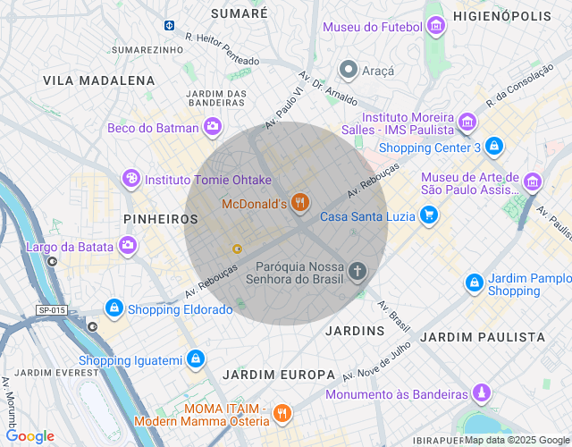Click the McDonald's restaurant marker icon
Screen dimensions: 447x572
[299, 205]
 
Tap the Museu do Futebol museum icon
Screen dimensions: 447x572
[435, 27]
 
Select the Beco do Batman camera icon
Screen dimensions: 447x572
[213, 128]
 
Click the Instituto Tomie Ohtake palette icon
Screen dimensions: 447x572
[131, 179]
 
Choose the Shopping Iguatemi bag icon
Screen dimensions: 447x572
[196, 360]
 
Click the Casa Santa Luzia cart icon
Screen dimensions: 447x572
[430, 215]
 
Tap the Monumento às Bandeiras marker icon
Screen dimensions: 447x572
[482, 393]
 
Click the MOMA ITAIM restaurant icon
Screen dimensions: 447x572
[282, 413]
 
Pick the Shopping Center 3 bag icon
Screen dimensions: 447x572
[494, 147]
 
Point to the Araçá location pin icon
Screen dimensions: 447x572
[349, 70]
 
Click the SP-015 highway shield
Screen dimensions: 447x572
[52, 310]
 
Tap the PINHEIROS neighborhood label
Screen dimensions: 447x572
[160, 219]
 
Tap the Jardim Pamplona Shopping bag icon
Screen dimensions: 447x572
[475, 283]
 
